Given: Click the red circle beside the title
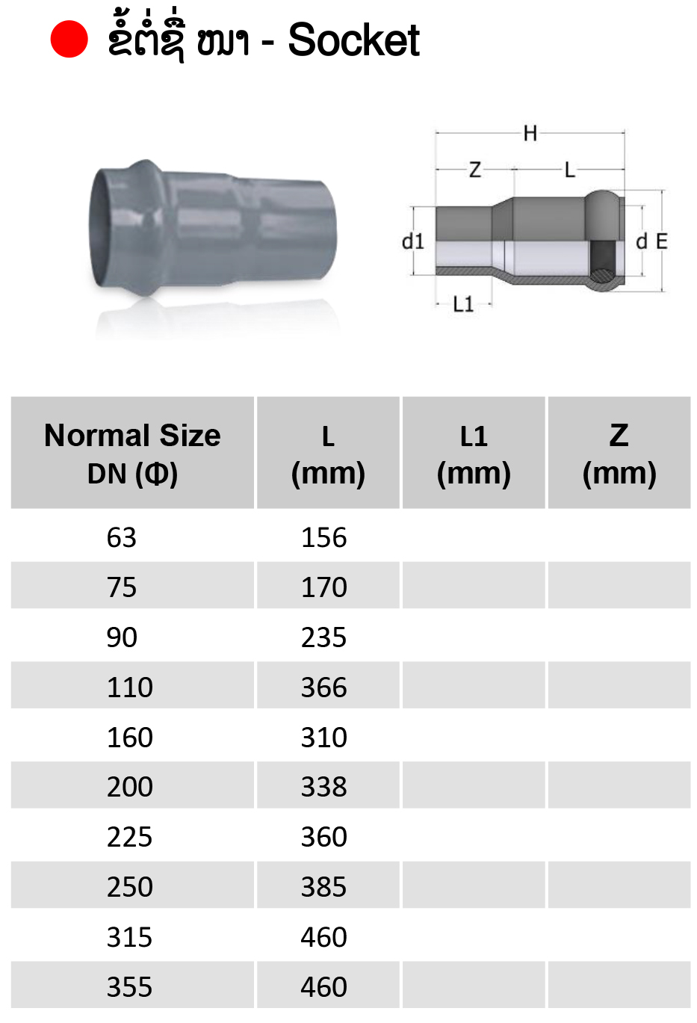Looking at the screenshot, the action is click(x=69, y=40).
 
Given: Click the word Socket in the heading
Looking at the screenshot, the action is click(x=354, y=40).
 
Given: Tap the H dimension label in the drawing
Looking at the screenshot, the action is click(x=530, y=134).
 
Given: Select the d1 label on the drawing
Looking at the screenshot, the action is click(x=412, y=241).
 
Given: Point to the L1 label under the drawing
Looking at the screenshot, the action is click(x=463, y=303).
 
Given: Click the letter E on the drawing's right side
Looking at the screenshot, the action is click(x=662, y=241).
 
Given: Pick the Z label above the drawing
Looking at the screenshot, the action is click(x=475, y=170).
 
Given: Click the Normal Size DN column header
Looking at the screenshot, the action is click(x=132, y=454).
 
